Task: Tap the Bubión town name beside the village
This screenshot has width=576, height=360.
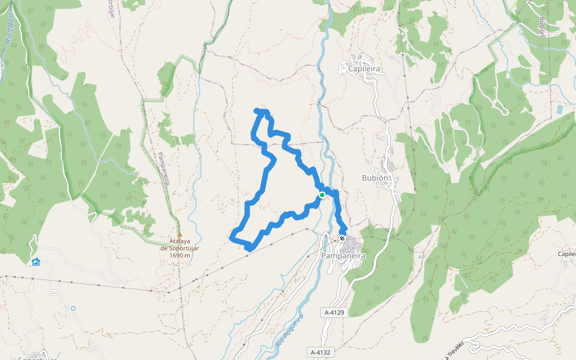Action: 376,178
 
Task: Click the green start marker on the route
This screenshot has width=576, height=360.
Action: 322,195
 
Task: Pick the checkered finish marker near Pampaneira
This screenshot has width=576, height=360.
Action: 342,238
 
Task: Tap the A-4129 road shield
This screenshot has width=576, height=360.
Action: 334,313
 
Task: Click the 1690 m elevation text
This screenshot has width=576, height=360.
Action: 180,256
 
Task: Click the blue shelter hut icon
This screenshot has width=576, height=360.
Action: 36,262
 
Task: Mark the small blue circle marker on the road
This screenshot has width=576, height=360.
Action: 73,308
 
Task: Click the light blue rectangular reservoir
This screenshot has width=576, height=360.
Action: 559,110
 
